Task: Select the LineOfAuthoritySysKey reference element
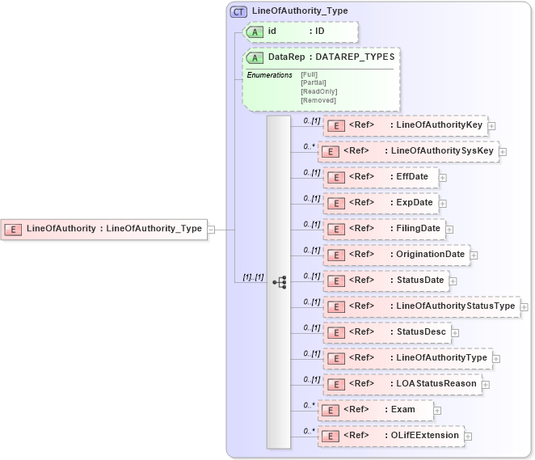tap(408, 151)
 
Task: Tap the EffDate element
tap(380, 177)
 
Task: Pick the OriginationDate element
tap(395, 255)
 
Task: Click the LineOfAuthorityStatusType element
tap(421, 306)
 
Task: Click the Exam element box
tap(375, 410)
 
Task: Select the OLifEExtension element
tap(390, 436)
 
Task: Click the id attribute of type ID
tap(300, 32)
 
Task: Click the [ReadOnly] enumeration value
tap(318, 91)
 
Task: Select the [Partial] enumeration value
tap(314, 82)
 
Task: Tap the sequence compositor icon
tap(280, 282)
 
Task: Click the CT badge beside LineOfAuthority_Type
tap(238, 11)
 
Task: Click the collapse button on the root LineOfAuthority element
tap(211, 229)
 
